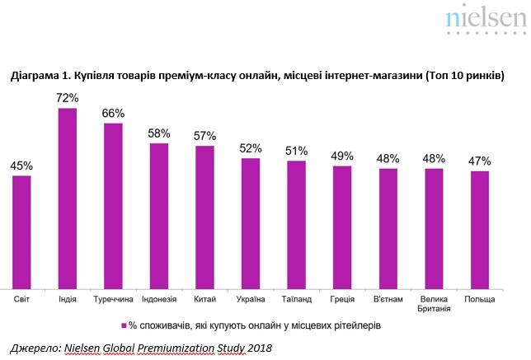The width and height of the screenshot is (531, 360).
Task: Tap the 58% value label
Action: [x=159, y=133]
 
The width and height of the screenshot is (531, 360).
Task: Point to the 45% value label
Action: [x=22, y=166]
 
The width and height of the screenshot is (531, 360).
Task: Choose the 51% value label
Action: [x=297, y=151]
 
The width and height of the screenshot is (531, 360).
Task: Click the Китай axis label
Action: [x=204, y=299]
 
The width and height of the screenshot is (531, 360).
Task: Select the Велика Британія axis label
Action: [x=434, y=303]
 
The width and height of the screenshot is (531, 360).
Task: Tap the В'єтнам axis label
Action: [x=388, y=299]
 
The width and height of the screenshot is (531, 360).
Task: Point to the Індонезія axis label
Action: [x=159, y=299]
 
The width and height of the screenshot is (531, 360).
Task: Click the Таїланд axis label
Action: [x=296, y=299]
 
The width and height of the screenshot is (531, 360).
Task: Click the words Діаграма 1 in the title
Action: [x=41, y=76]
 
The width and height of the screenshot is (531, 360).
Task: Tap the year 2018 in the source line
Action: [x=257, y=348]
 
